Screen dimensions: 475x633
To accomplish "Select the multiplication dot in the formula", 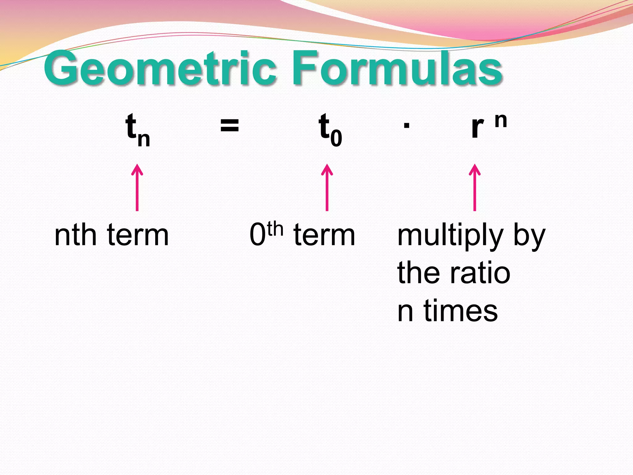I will tap(407, 126).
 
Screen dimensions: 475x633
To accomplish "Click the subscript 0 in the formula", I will tap(336, 139).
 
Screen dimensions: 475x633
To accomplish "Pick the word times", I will tap(461, 311).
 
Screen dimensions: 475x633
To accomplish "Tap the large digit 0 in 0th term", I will tap(257, 235).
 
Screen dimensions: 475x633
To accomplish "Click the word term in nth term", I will tap(138, 236).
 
